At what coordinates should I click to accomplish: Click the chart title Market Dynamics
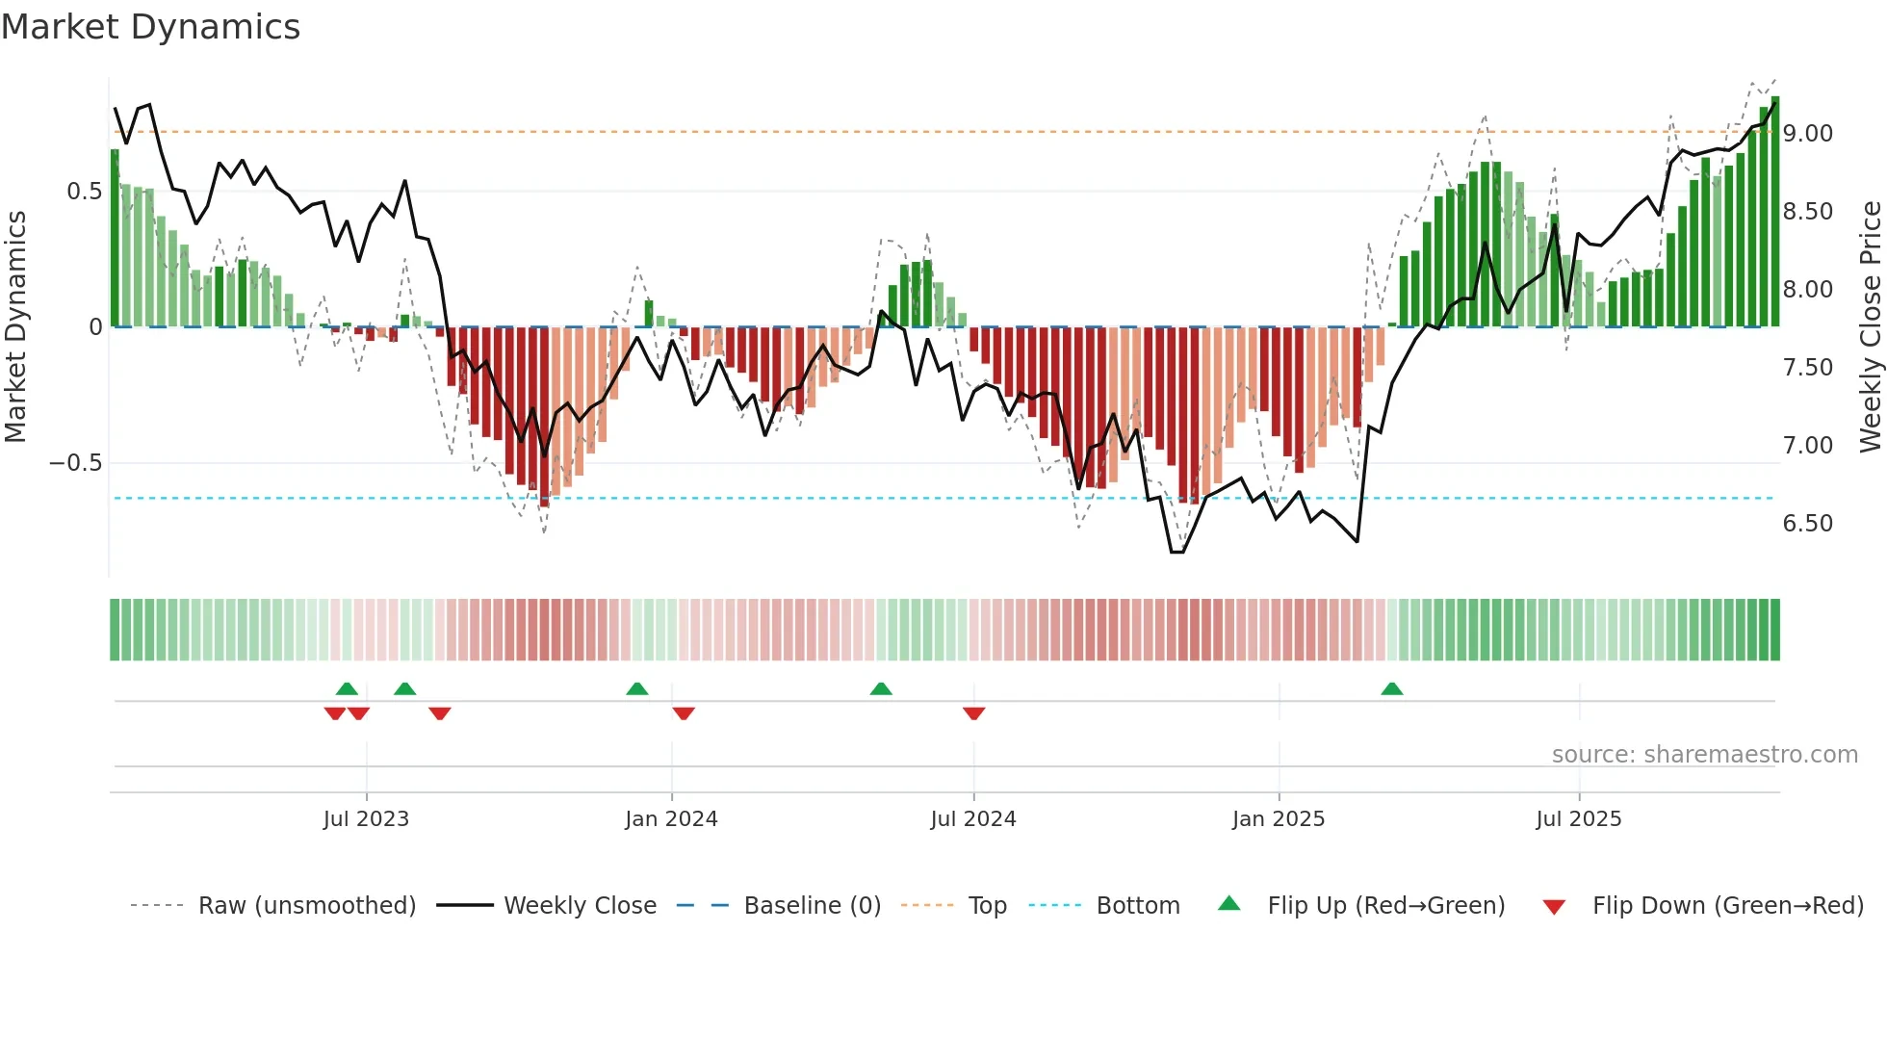pyautogui.click(x=150, y=27)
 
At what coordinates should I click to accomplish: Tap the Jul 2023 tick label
pyautogui.click(x=366, y=819)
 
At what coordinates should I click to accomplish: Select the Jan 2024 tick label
pyautogui.click(x=671, y=819)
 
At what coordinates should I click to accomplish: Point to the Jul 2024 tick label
pyautogui.click(x=973, y=819)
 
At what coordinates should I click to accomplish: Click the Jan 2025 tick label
pyautogui.click(x=1279, y=819)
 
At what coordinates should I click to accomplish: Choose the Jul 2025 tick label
pyautogui.click(x=1579, y=819)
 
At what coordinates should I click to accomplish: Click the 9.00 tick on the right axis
pyautogui.click(x=1807, y=134)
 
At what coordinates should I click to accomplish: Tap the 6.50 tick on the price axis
pyautogui.click(x=1807, y=524)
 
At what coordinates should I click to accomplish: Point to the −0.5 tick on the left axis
pyautogui.click(x=76, y=463)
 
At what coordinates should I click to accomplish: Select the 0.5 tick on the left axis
pyautogui.click(x=84, y=192)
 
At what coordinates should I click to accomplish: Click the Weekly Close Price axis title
pyautogui.click(x=1870, y=327)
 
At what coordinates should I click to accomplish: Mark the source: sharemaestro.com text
pyautogui.click(x=1704, y=755)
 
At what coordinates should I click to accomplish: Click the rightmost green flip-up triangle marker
pyautogui.click(x=1391, y=688)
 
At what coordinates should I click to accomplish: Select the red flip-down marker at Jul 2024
pyautogui.click(x=973, y=713)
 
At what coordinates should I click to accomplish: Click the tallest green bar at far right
pyautogui.click(x=1775, y=212)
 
